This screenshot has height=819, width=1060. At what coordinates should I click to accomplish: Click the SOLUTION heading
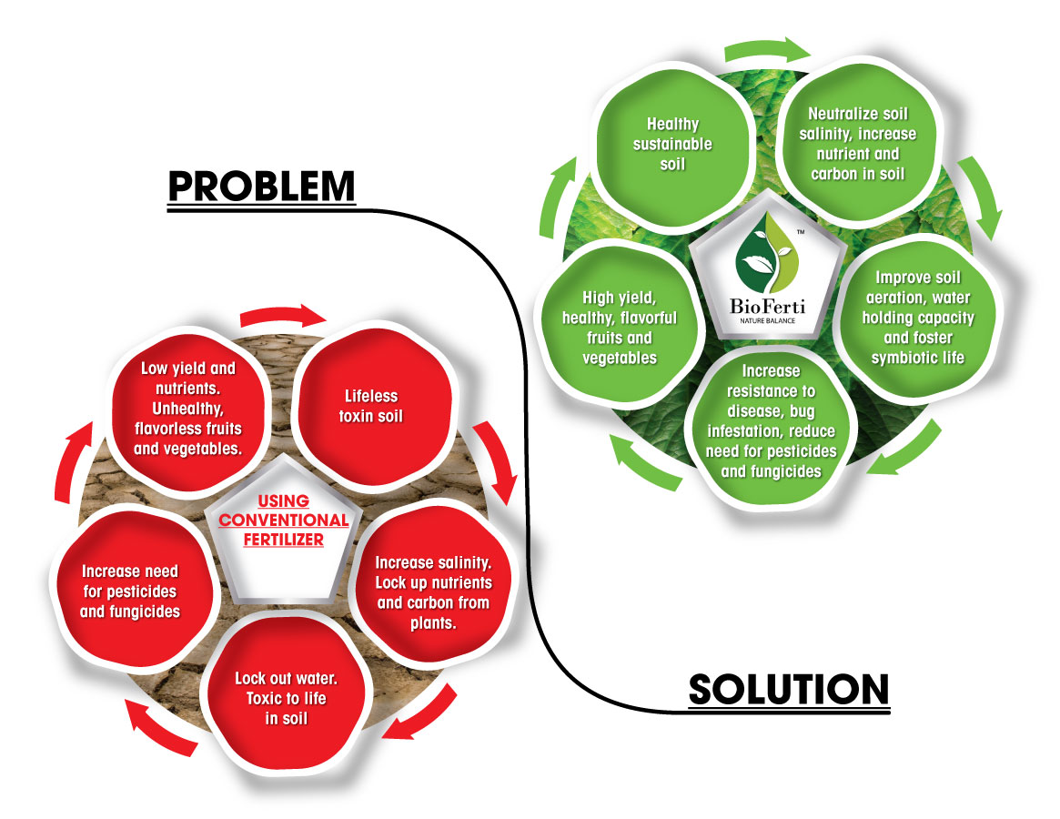(x=788, y=689)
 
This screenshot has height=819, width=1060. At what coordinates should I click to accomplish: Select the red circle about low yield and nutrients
(x=188, y=409)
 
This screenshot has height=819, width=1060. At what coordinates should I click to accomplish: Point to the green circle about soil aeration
(x=917, y=318)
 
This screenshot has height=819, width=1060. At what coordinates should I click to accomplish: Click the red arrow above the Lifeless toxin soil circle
(x=283, y=318)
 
